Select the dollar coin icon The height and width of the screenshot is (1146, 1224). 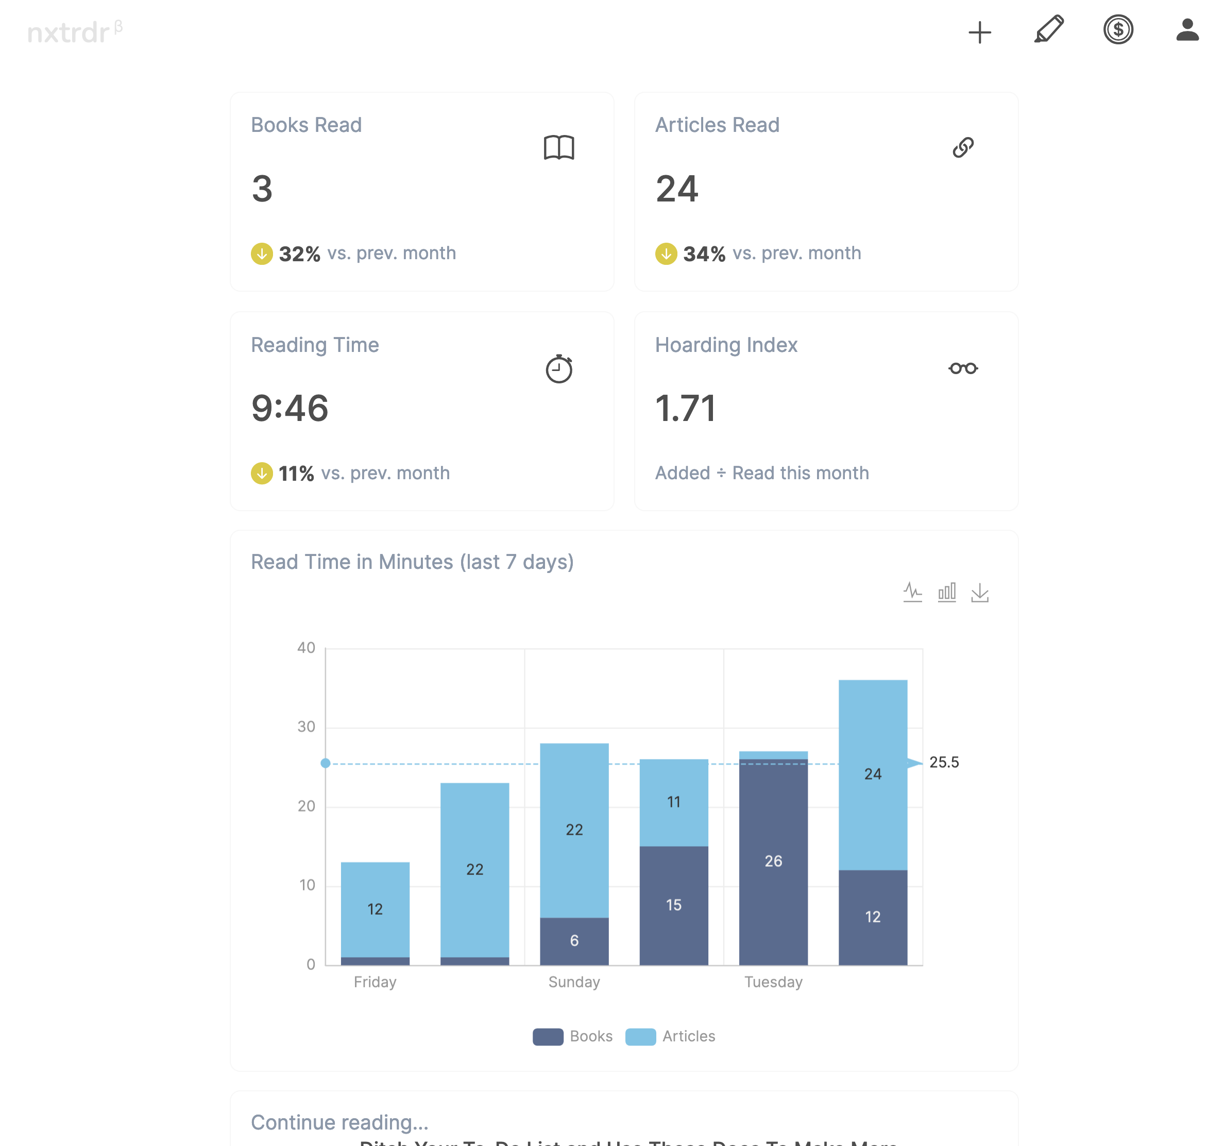(1118, 29)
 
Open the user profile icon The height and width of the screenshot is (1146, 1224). (1187, 29)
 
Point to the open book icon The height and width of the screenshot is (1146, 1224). (558, 148)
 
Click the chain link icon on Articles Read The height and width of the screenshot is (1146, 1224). (963, 148)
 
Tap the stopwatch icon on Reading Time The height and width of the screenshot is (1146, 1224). (558, 368)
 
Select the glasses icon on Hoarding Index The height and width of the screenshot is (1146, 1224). (963, 368)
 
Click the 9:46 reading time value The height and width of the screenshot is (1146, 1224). (290, 408)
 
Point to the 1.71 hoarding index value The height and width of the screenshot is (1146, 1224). (685, 408)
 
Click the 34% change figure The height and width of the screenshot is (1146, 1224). (704, 254)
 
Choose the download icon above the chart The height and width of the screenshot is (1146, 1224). (980, 593)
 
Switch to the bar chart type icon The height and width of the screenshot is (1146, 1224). (946, 593)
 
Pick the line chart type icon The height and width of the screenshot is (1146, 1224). (912, 593)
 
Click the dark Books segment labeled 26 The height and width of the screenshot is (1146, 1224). (773, 861)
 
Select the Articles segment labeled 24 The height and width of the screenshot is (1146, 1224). (873, 774)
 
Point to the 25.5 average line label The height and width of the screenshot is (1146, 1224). (944, 762)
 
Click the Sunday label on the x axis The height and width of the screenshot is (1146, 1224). (574, 982)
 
